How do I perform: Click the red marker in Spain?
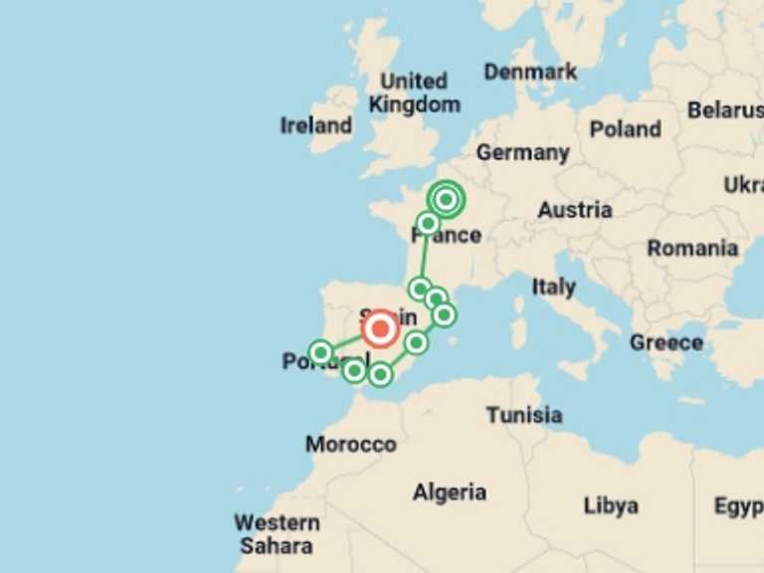click(x=379, y=327)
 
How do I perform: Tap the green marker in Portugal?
click(x=320, y=352)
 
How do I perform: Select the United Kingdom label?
click(x=414, y=93)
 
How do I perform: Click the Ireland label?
click(x=316, y=125)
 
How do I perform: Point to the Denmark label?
click(x=530, y=72)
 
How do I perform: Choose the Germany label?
click(x=522, y=153)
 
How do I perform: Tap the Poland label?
click(x=625, y=129)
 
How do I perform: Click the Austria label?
click(x=574, y=210)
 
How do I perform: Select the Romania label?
click(x=692, y=249)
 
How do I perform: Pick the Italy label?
click(x=553, y=286)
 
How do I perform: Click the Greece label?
click(x=666, y=343)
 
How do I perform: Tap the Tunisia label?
click(x=523, y=415)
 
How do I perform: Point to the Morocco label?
click(x=351, y=444)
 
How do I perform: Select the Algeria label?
click(x=450, y=492)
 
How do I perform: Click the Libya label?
click(x=611, y=505)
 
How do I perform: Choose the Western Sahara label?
click(x=277, y=534)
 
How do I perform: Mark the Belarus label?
click(x=725, y=110)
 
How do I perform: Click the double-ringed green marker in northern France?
click(x=446, y=200)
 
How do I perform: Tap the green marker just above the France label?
click(x=428, y=223)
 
